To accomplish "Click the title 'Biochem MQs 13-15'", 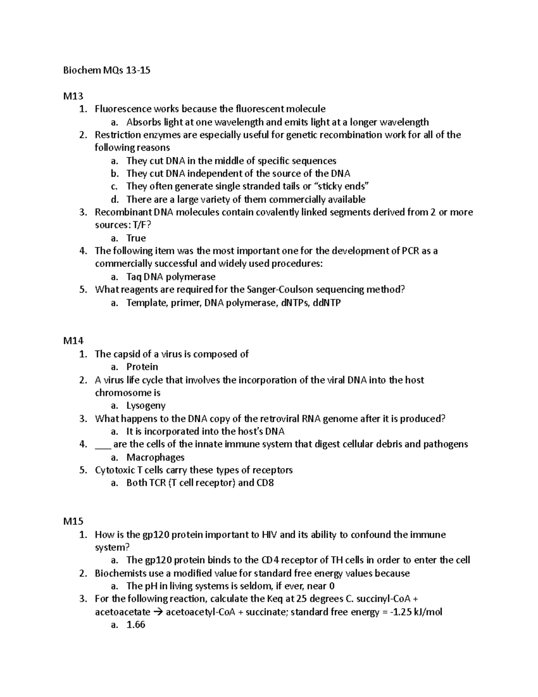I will [x=107, y=70].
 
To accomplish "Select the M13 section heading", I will [x=73, y=96].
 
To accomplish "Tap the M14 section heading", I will [x=73, y=341].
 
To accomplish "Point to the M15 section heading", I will [x=73, y=522].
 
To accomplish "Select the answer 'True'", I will [x=136, y=238].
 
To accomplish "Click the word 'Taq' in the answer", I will [x=134, y=277].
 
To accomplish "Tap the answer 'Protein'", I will [x=142, y=367].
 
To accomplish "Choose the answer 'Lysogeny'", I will [x=146, y=406].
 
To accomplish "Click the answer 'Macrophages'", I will [x=156, y=457].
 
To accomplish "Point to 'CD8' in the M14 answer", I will [x=265, y=483].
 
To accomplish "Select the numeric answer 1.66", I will [x=136, y=625].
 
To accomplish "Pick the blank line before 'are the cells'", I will [x=103, y=445].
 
